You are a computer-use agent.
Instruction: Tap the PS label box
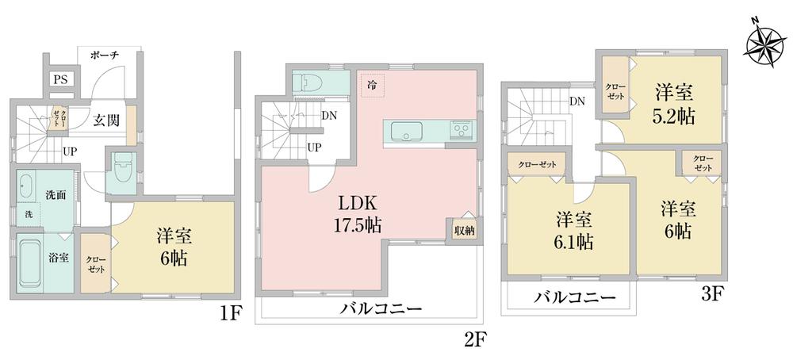click(59, 79)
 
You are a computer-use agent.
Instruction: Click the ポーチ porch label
click(105, 55)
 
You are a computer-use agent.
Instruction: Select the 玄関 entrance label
click(107, 121)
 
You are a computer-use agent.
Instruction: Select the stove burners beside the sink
click(461, 128)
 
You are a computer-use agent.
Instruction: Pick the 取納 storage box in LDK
click(464, 230)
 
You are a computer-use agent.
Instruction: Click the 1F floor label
click(229, 314)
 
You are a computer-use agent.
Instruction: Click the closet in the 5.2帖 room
click(615, 90)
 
